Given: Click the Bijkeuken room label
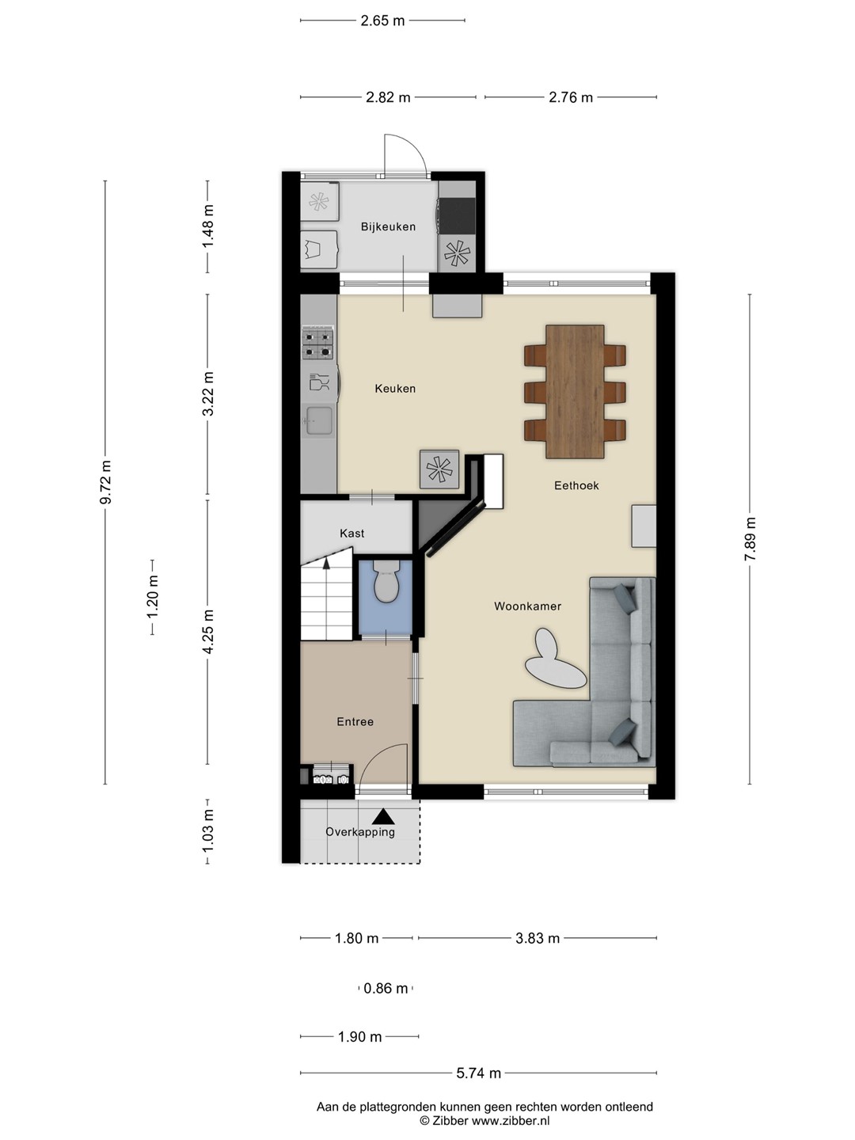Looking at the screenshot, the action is pos(388,227).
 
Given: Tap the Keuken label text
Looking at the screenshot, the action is pos(395,389).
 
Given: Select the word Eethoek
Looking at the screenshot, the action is pos(576,485).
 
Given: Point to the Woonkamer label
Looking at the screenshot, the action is pos(527,606).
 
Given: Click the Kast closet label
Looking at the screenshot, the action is pos(352,534).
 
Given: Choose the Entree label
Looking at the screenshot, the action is pos(355,721).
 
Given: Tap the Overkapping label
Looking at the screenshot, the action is pos(359,833).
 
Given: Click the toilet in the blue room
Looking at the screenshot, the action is pos(386,581).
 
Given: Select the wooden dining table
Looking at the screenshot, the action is pos(575,392).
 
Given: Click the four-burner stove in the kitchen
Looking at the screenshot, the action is pos(317,345).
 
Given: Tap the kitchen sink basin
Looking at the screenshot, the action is pos(319,420).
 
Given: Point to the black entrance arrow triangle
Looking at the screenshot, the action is pos(383,816).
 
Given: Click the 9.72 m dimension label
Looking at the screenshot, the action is pos(105,482).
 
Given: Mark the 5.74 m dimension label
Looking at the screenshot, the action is pos(479,1073).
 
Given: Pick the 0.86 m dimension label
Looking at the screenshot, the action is pos(386,988).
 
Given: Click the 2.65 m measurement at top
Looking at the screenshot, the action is pos(382,21).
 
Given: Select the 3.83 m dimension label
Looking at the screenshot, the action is pos(538,938).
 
